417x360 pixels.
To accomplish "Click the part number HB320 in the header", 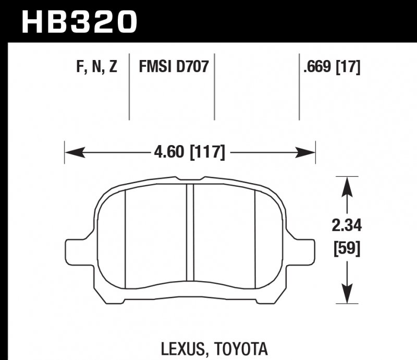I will click(x=78, y=22).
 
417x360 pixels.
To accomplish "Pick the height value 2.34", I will click(x=347, y=226).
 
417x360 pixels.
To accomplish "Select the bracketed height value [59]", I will click(x=347, y=249).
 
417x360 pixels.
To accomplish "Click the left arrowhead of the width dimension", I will click(x=73, y=152).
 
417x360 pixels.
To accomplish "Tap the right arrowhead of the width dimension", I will click(x=307, y=152).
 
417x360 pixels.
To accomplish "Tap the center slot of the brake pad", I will click(x=190, y=235).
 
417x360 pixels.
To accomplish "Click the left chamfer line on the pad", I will click(x=126, y=237).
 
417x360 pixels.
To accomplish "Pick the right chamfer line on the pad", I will click(x=254, y=237).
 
